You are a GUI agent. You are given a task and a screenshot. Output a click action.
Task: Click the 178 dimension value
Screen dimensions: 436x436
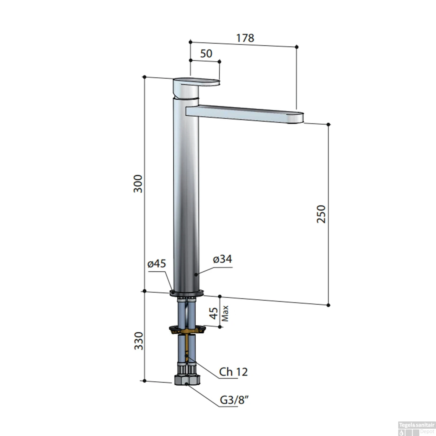pyautogui.click(x=245, y=38)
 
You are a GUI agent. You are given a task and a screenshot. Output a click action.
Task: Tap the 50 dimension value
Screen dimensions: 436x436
pyautogui.click(x=206, y=53)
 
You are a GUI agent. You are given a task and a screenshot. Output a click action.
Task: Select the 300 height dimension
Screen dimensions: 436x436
pyautogui.click(x=138, y=184)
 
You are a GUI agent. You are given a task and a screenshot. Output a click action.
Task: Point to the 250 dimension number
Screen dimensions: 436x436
pyautogui.click(x=321, y=214)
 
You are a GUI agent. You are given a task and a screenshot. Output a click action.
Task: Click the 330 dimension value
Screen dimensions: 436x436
pyautogui.click(x=139, y=341)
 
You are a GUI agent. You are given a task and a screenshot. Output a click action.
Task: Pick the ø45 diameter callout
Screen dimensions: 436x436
pyautogui.click(x=157, y=264)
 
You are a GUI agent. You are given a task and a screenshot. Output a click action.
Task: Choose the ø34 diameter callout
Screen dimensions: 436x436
pyautogui.click(x=222, y=259)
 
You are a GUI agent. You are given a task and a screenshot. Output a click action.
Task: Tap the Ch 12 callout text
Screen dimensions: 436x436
pyautogui.click(x=233, y=372)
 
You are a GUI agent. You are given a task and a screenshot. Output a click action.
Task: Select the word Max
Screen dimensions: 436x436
pyautogui.click(x=225, y=313)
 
